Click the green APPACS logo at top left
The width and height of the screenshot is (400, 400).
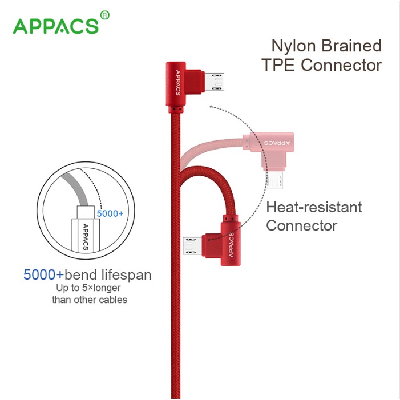coord(55,26)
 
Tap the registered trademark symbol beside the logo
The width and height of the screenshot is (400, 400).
coord(104,14)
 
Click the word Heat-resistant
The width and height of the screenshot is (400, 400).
coord(314,207)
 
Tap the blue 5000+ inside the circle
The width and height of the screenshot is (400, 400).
coord(110,213)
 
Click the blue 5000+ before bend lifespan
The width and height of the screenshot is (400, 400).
coord(43,275)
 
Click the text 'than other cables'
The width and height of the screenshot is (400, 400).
coord(90,300)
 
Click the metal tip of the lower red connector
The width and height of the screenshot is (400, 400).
coord(191,246)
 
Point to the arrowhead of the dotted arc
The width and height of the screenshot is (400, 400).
coord(211,106)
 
